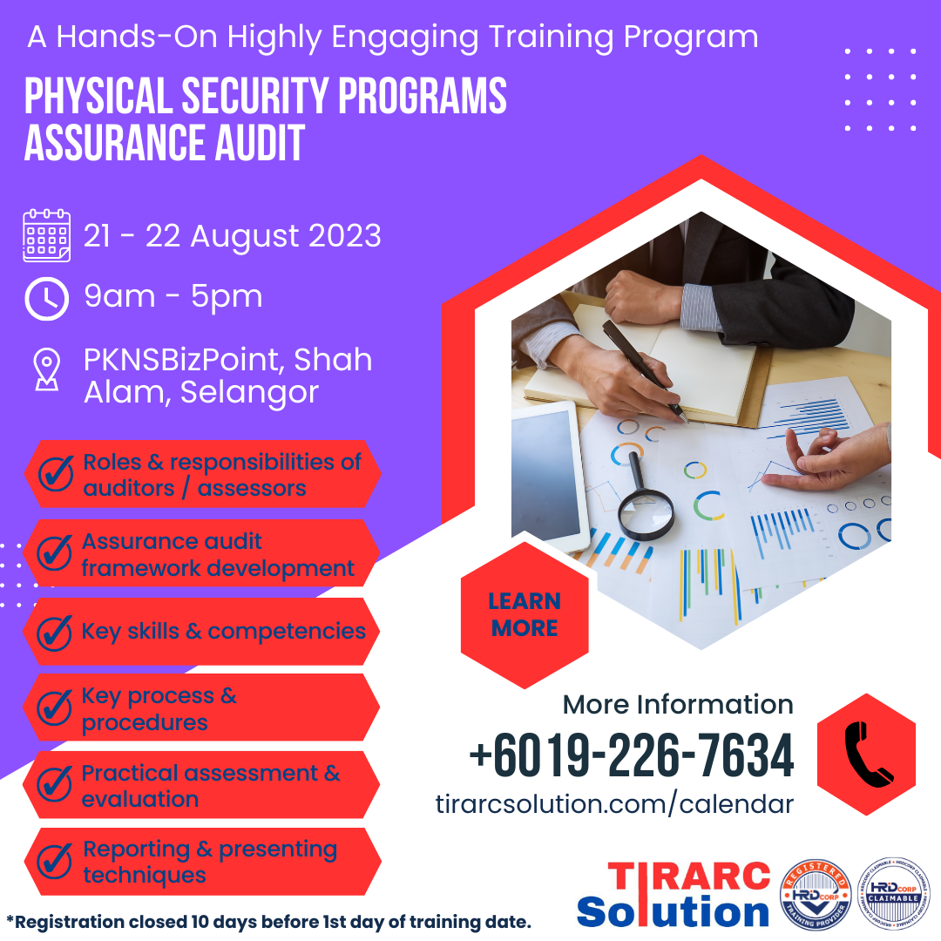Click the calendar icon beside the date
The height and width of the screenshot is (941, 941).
coord(46,235)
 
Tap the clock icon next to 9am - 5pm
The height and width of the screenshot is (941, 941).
coord(46,298)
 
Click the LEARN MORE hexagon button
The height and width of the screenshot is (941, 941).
coord(525,614)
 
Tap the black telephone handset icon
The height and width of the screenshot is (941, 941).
coord(867,755)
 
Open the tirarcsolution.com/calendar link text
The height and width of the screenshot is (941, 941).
coord(614,804)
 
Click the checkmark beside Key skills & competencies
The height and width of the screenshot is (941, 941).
coord(55,632)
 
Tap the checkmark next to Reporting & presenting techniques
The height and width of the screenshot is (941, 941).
coord(55,862)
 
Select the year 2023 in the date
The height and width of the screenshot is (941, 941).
coord(342,236)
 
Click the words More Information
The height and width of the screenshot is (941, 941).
coord(677,704)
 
